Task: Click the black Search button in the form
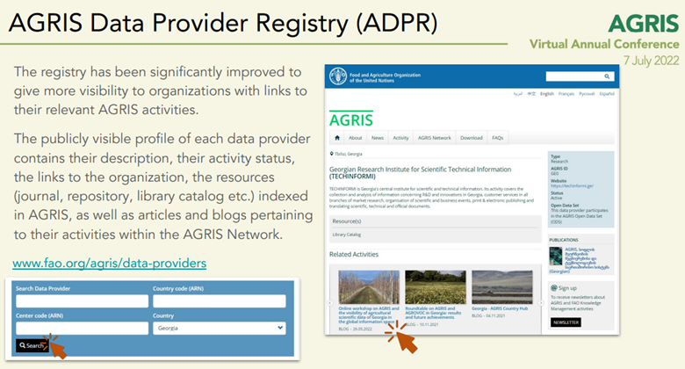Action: click(32, 345)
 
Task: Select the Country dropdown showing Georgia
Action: click(219, 328)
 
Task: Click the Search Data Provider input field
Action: click(82, 301)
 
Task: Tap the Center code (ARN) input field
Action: click(82, 328)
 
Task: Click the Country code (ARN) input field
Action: click(219, 301)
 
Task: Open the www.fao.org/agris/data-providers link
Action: click(110, 263)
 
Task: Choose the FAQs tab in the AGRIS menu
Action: click(498, 138)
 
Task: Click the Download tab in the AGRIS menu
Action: click(472, 138)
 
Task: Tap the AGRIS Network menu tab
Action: click(434, 138)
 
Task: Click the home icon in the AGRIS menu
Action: click(337, 138)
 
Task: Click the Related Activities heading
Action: click(354, 254)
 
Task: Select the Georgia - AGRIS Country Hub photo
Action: click(501, 286)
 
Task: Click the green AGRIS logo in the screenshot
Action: click(351, 119)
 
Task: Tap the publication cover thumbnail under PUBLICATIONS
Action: click(556, 256)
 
